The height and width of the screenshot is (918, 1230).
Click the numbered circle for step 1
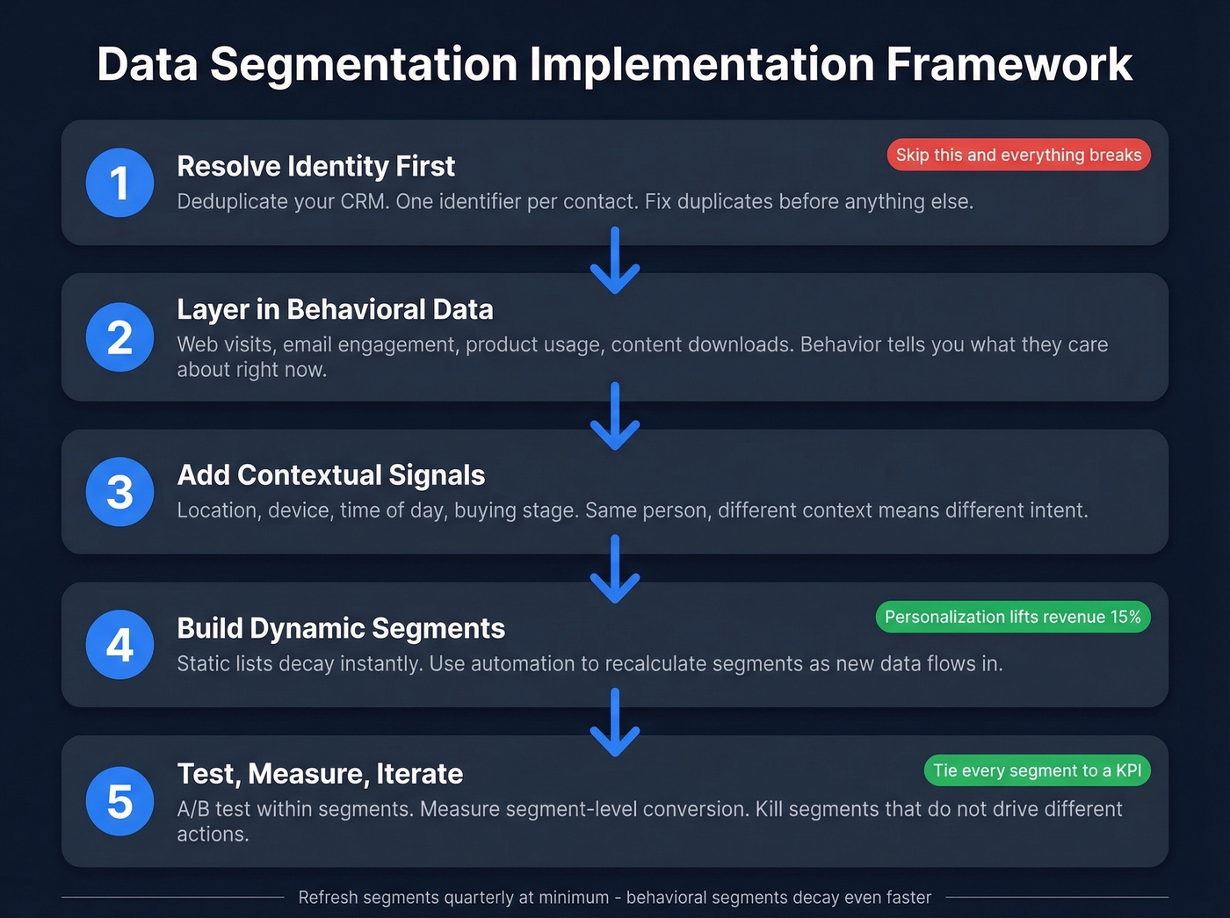coord(120,183)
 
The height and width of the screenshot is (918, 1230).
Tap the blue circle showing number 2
coord(120,337)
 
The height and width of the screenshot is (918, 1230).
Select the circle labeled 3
coord(120,492)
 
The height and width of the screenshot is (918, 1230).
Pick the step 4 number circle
coord(120,645)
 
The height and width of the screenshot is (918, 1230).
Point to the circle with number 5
coord(120,801)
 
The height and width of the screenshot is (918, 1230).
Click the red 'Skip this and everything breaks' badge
coord(1018,155)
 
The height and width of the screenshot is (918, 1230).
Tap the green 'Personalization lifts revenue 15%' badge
coord(1012,617)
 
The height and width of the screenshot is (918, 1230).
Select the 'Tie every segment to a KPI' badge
coord(1037,770)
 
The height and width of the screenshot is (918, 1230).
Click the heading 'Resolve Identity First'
coord(315,166)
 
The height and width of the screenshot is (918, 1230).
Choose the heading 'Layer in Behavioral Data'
coord(335,309)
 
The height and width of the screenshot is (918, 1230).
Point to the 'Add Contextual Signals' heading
coord(330,475)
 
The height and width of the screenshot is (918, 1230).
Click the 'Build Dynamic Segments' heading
coord(341,628)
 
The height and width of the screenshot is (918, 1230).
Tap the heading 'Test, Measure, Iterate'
coord(320,774)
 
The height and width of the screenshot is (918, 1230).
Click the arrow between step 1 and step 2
coord(615,261)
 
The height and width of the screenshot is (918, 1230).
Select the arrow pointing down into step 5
coord(615,722)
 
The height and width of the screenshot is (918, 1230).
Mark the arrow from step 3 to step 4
coord(615,569)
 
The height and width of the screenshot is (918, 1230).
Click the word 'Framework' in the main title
coord(1009,64)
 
